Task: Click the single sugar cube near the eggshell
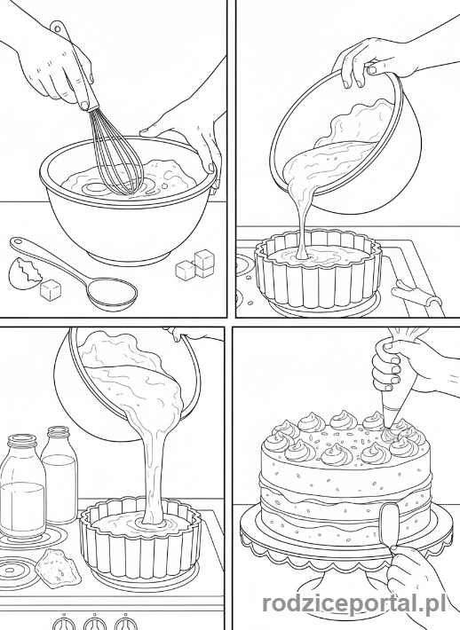[51, 289]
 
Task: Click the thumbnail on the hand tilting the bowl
[373, 70]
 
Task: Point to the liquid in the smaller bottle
[59, 487]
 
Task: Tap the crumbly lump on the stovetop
[58, 565]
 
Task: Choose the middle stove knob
[95, 622]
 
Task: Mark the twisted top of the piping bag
[406, 335]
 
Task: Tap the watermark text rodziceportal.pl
[354, 603]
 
